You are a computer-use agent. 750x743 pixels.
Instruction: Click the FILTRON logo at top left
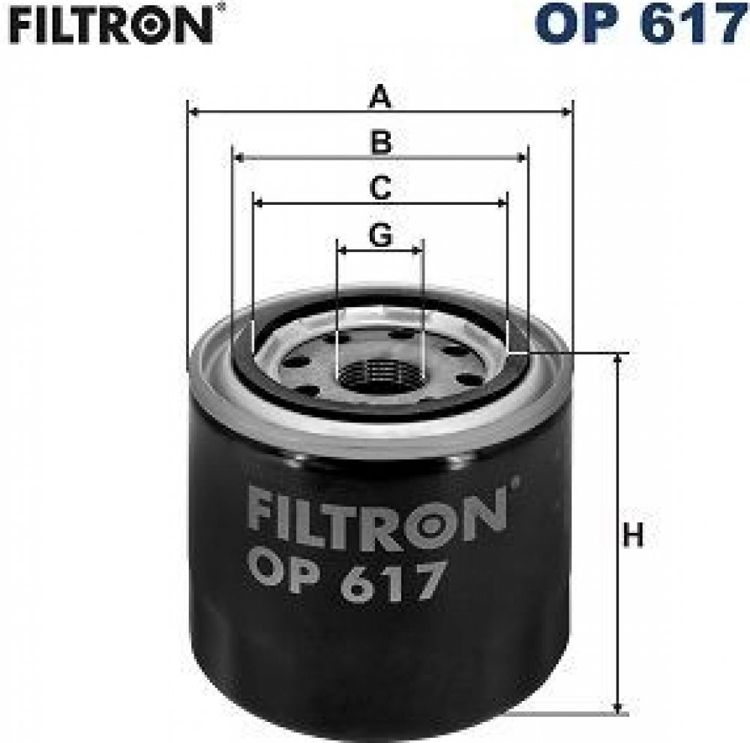coord(111,25)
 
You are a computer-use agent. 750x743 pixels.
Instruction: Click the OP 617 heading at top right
coord(641,23)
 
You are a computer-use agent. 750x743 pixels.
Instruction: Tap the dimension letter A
coord(380,96)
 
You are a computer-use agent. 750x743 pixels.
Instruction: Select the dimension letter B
coord(381,142)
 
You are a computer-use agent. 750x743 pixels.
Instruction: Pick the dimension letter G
coord(381,235)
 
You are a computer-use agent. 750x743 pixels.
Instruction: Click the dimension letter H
coord(633,535)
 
